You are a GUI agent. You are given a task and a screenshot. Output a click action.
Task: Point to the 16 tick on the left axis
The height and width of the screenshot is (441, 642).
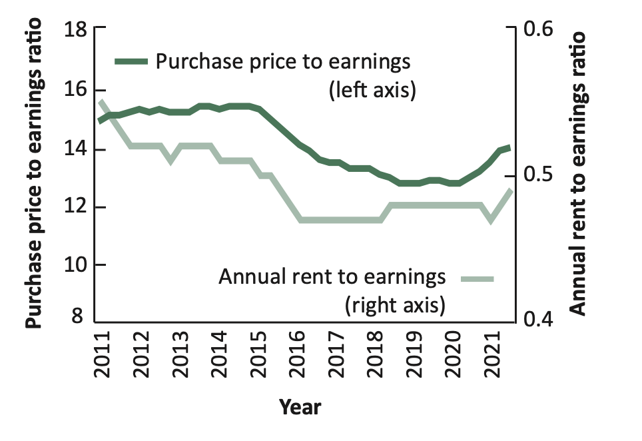(x=100, y=91)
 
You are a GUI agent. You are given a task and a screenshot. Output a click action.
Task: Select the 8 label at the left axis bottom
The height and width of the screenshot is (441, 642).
(x=77, y=316)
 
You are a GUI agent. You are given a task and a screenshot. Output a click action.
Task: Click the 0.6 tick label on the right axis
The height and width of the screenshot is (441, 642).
(x=538, y=29)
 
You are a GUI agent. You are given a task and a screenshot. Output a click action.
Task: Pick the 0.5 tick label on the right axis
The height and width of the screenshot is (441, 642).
(x=538, y=175)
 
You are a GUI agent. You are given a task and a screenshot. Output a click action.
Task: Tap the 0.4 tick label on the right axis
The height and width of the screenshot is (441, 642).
(x=538, y=319)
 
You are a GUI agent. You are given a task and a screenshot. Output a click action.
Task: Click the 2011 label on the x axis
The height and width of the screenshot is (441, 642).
(x=103, y=355)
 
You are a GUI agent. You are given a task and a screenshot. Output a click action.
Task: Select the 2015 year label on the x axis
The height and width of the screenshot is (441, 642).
(x=258, y=355)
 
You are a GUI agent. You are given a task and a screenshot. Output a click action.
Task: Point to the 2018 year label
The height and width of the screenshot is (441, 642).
(x=375, y=355)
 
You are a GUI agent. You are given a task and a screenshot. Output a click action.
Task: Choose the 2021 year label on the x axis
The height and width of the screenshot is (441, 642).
(x=492, y=355)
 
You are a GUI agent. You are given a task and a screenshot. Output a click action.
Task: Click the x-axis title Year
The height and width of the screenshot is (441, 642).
(x=300, y=408)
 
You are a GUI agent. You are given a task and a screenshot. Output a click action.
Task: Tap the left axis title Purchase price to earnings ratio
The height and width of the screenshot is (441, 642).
(x=33, y=173)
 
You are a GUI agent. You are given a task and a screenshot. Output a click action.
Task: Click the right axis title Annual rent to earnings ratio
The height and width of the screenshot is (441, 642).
(x=577, y=173)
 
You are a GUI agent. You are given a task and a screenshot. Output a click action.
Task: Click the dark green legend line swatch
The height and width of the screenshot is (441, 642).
(x=131, y=62)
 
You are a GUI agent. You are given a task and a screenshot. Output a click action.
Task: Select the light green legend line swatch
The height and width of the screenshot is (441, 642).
(x=478, y=279)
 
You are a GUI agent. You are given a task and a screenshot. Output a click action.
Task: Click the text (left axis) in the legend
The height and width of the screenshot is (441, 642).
(x=372, y=90)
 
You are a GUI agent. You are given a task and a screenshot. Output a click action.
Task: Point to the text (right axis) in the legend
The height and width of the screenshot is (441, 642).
(x=395, y=305)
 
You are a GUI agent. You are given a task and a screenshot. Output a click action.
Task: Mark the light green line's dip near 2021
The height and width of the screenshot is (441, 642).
(x=491, y=220)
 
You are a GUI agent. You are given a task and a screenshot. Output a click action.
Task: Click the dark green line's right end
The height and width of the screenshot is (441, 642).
(x=509, y=148)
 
